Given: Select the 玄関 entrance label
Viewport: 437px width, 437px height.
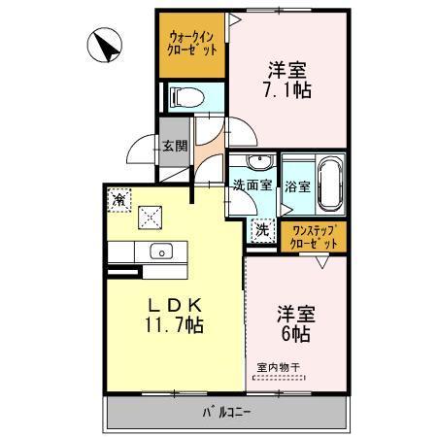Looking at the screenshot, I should pos(174,147).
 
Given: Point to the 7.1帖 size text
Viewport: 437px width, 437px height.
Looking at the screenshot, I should pos(288,86).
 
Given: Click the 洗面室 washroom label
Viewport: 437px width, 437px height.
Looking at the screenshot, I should pos(251,185).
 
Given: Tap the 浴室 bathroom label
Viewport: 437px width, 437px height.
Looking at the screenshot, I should pos(298,185).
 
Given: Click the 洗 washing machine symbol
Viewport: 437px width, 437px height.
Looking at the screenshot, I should pos(261,230).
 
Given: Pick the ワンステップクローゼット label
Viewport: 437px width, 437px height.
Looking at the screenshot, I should pos(314,235).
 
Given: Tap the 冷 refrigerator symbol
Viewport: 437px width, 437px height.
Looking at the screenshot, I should pos(118,200).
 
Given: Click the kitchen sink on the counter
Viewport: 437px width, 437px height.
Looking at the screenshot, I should pos(158,252).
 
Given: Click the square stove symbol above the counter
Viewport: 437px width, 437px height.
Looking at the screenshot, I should pos(150,216).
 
